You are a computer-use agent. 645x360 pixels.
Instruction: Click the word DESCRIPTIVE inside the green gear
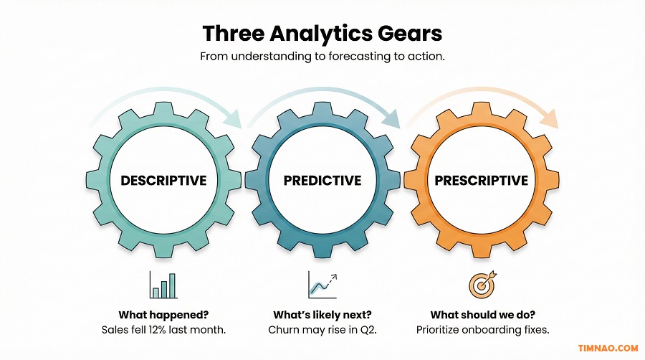163,180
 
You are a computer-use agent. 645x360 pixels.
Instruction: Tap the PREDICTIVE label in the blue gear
322,180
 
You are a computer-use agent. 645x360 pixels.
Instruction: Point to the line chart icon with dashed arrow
322,284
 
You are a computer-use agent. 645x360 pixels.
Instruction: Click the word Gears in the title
410,33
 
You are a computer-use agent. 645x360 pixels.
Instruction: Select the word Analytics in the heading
320,33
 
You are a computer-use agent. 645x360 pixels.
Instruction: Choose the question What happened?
163,315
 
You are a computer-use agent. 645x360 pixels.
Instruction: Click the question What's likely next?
322,315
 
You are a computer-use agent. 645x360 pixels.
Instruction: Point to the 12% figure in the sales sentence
163,330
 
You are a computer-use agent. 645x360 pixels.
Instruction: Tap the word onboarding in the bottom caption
492,330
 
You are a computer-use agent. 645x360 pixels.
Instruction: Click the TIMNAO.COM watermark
608,348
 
